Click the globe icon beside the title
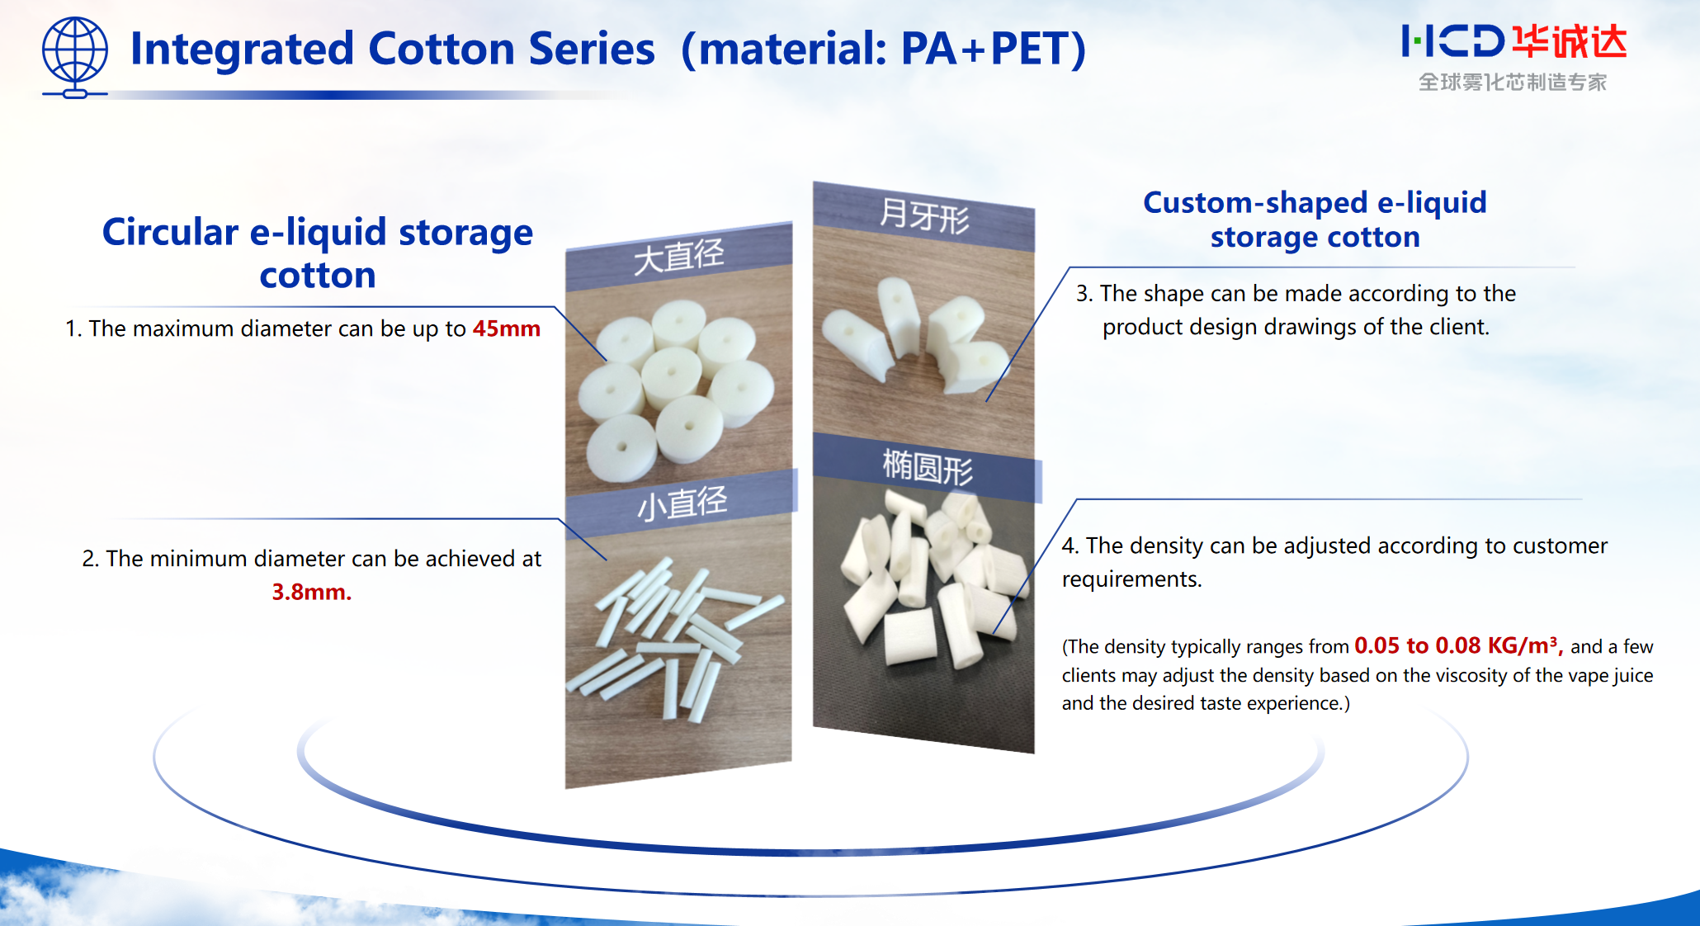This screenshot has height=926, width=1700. [74, 56]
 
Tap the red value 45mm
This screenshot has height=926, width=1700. [506, 328]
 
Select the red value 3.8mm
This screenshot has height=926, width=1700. [311, 592]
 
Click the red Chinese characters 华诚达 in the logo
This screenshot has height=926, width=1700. [1569, 41]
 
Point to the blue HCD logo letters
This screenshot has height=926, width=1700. [1452, 41]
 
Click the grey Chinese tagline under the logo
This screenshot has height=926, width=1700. [1513, 83]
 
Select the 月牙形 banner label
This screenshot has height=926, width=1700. [923, 217]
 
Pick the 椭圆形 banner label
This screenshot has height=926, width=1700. [928, 468]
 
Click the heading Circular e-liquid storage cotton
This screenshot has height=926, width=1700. [318, 253]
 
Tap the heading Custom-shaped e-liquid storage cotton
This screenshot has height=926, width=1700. [1315, 220]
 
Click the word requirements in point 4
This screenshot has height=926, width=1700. [1131, 579]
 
